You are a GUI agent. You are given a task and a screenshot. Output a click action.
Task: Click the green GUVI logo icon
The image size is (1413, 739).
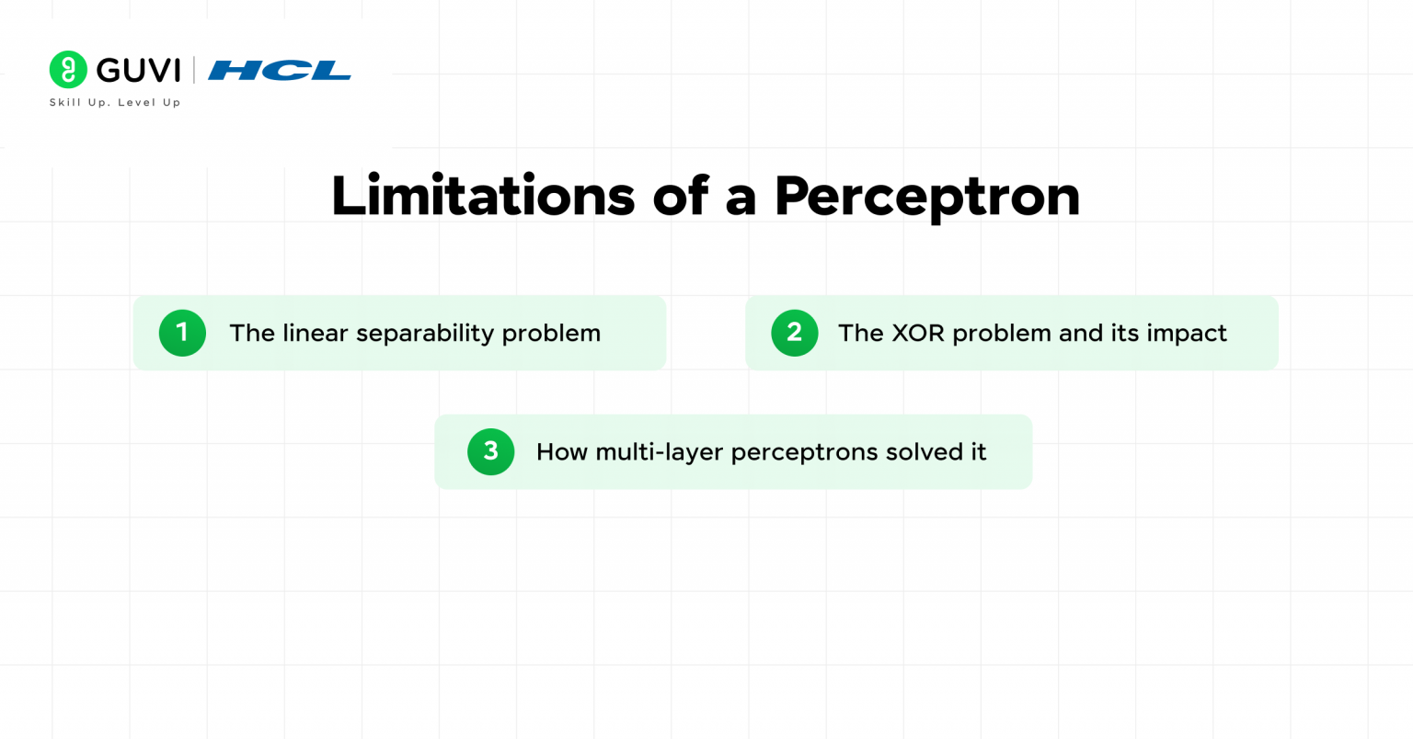pyautogui.click(x=68, y=69)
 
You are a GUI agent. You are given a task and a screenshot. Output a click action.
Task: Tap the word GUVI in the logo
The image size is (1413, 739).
pyautogui.click(x=139, y=70)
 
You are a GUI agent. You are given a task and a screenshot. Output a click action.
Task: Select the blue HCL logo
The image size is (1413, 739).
pyautogui.click(x=280, y=70)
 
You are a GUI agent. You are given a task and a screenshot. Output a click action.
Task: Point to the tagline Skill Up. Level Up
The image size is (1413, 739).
pyautogui.click(x=115, y=102)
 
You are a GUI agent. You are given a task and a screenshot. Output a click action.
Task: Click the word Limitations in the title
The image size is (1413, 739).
pyautogui.click(x=483, y=196)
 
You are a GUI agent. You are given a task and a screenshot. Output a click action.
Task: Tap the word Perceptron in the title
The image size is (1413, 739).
pyautogui.click(x=927, y=199)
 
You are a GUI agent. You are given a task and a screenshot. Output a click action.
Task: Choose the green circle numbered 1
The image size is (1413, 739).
pyautogui.click(x=182, y=333)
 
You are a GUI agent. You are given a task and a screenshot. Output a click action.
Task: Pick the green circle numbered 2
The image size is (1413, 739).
pyautogui.click(x=794, y=333)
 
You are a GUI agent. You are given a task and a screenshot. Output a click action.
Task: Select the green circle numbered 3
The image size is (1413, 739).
pyautogui.click(x=490, y=451)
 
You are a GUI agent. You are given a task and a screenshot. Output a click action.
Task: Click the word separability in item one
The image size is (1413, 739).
pyautogui.click(x=425, y=334)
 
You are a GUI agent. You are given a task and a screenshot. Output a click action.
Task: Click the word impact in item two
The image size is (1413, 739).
pyautogui.click(x=1187, y=334)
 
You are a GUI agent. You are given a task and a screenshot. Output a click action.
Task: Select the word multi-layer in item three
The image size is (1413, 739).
pyautogui.click(x=660, y=452)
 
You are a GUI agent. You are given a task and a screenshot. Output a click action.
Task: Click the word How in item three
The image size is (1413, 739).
pyautogui.click(x=562, y=451)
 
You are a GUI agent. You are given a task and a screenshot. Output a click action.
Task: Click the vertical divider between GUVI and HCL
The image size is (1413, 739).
pyautogui.click(x=194, y=69)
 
